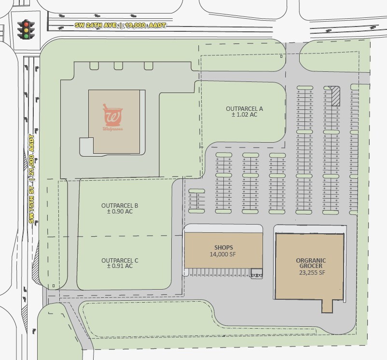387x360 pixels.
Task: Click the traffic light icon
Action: [26, 29]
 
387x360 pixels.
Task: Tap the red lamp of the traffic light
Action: [26, 24]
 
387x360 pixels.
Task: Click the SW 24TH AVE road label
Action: [96, 25]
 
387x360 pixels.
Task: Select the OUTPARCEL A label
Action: [244, 109]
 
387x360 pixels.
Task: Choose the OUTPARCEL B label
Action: [120, 205]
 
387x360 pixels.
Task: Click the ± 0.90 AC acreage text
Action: [120, 212]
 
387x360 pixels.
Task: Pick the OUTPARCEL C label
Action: [120, 260]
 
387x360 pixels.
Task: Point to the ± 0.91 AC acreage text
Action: [120, 266]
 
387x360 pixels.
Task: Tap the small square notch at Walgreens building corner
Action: [86, 146]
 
